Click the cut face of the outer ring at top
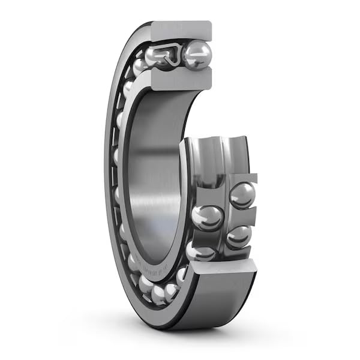click(x=181, y=29)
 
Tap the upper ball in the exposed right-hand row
click(x=242, y=194)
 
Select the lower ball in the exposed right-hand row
click(x=238, y=236)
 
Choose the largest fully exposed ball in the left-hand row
click(x=208, y=217)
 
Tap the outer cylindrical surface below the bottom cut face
click(x=222, y=300)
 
